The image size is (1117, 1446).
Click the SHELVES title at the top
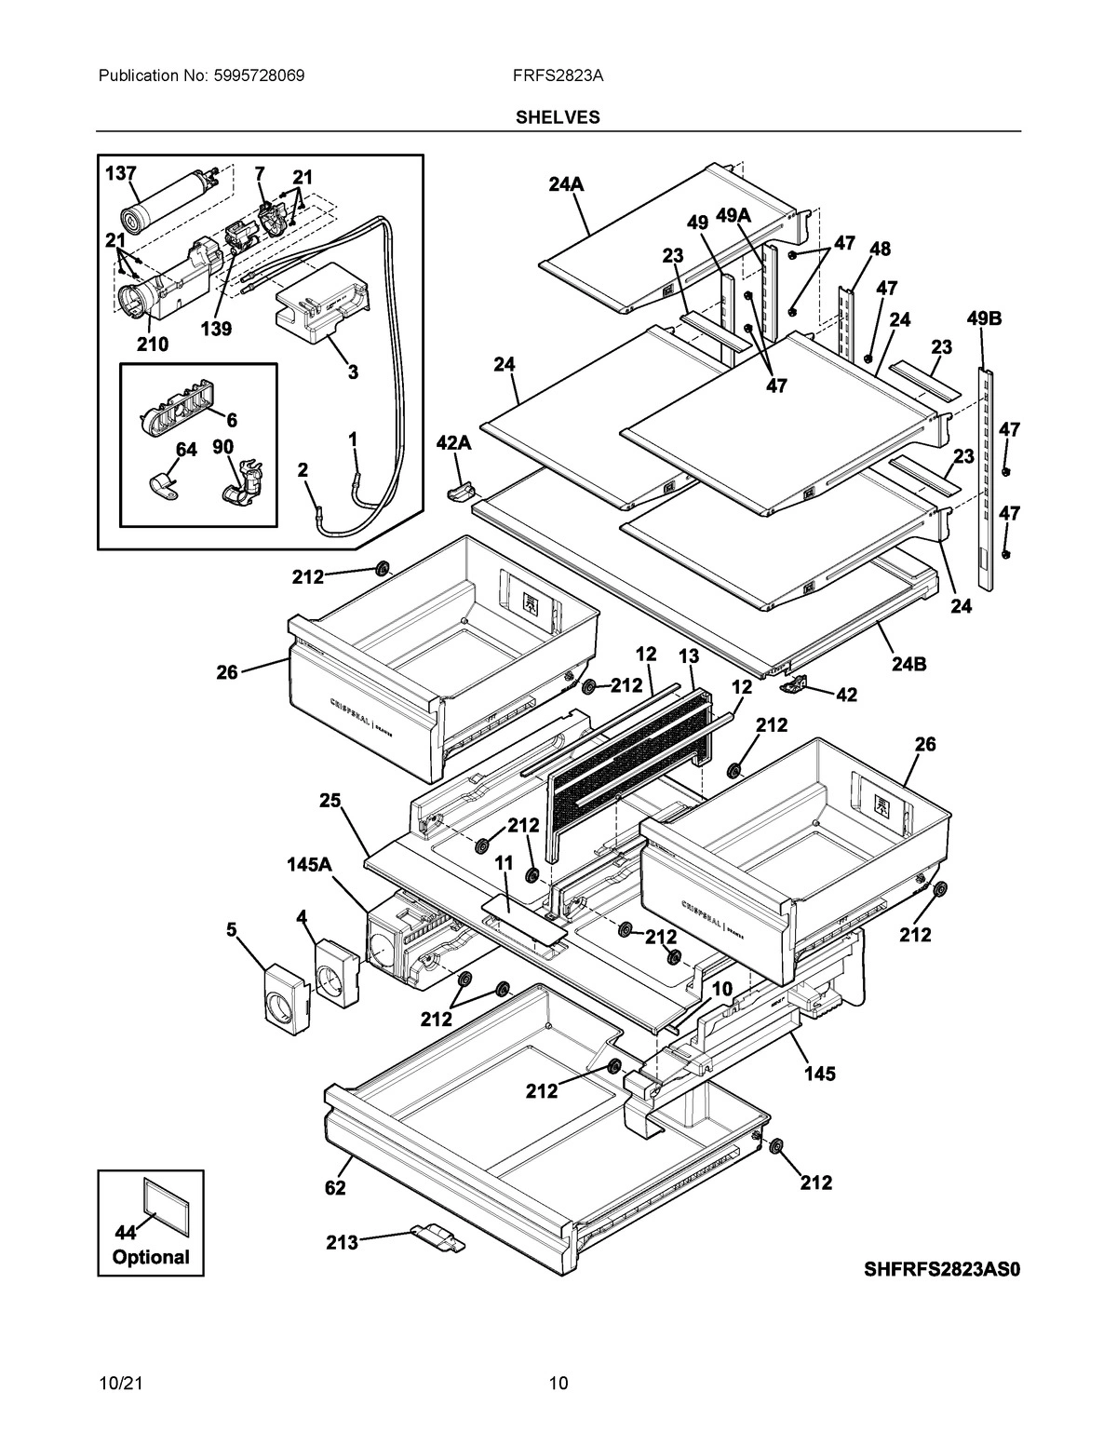click(x=558, y=117)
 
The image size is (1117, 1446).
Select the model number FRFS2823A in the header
click(x=558, y=75)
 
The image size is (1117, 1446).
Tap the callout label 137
click(x=121, y=173)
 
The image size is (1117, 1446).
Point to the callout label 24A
click(x=566, y=184)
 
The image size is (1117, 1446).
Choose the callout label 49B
click(x=984, y=319)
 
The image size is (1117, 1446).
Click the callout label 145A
click(x=309, y=865)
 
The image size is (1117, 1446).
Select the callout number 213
click(x=342, y=1242)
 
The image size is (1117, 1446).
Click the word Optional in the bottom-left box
click(x=151, y=1257)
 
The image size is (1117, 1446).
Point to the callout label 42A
click(x=453, y=444)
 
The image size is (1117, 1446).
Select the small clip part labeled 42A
click(x=461, y=490)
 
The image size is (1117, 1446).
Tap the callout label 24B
click(x=907, y=665)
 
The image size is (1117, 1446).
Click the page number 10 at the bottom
click(x=558, y=1383)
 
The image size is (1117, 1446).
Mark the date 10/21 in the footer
click(x=118, y=1383)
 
